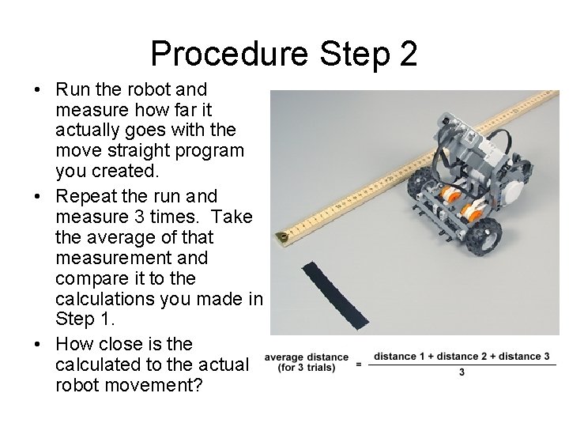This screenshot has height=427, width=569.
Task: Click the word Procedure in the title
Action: [x=229, y=54]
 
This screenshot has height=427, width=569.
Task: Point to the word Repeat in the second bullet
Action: [x=86, y=197]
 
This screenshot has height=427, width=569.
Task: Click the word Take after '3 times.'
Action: [x=232, y=217]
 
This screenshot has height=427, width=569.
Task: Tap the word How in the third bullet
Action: [x=74, y=344]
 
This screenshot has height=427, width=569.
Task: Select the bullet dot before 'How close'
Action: [x=37, y=344]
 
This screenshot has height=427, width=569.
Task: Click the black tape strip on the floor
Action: [x=335, y=295]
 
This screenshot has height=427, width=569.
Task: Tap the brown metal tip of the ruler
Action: [x=281, y=237]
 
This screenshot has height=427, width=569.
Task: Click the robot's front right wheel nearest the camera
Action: [x=483, y=236]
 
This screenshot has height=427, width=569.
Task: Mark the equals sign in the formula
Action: [x=359, y=364]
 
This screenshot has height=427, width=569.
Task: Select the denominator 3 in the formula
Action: [x=462, y=372]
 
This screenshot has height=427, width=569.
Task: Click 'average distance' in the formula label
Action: [x=307, y=357]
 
